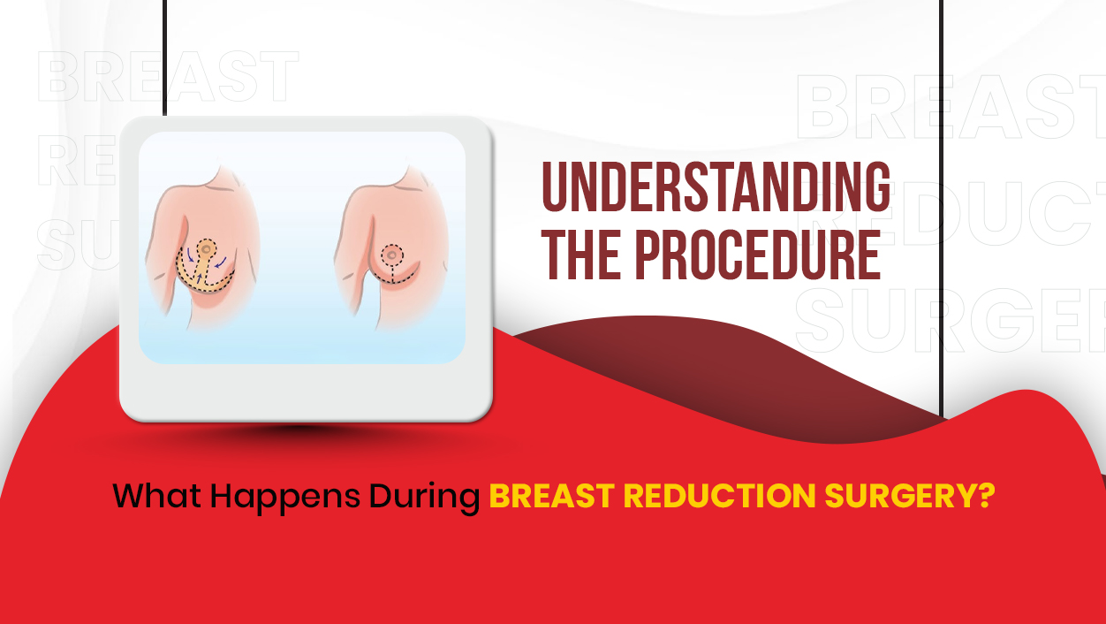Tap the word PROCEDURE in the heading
pos(757,255)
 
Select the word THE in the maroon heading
pos(580,255)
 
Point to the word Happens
pos(285,498)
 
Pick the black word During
pos(424,498)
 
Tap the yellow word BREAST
pos(551,496)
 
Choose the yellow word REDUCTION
pos(719,496)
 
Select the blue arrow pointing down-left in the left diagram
pos(221,262)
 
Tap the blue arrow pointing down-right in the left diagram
pos(190,255)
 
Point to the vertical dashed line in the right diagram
pos(392,275)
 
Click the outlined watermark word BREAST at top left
pos(168,76)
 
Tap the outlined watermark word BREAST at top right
pos(951,107)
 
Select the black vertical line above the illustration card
pos(164,57)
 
